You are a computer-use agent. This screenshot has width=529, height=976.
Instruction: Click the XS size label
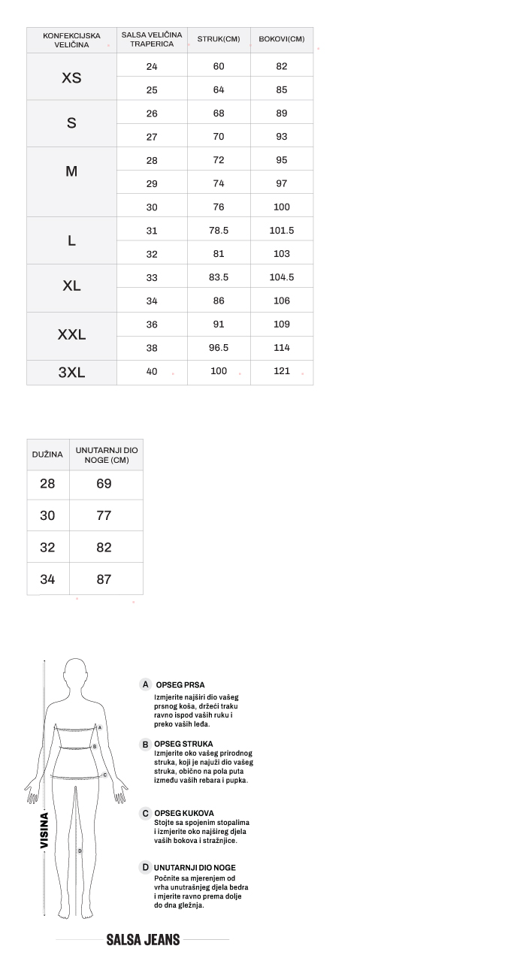click(x=71, y=78)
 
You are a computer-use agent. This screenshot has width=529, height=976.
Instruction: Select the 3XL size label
click(x=71, y=372)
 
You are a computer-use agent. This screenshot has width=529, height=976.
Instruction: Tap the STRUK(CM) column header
click(x=219, y=39)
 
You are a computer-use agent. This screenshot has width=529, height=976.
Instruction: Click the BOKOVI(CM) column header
click(x=282, y=39)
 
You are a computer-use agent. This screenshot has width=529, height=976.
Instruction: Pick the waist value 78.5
click(x=219, y=231)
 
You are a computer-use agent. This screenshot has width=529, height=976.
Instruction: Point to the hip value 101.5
click(x=282, y=231)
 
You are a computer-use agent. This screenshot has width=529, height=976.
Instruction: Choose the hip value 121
click(x=282, y=371)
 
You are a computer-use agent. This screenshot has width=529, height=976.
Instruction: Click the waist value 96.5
click(x=219, y=348)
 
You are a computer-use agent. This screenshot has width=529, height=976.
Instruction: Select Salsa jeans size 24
click(x=152, y=66)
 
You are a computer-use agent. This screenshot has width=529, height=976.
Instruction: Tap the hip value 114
click(x=282, y=348)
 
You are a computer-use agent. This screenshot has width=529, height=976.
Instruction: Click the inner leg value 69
click(x=104, y=484)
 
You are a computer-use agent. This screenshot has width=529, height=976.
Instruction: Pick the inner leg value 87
click(x=104, y=579)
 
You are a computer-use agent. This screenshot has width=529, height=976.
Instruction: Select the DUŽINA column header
click(x=47, y=455)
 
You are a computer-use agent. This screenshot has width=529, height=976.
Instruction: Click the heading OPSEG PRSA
click(x=180, y=685)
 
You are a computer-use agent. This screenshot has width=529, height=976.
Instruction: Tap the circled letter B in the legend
click(x=146, y=745)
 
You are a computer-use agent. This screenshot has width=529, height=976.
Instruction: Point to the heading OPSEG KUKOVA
click(x=184, y=813)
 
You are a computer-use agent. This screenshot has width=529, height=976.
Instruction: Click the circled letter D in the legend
click(x=146, y=868)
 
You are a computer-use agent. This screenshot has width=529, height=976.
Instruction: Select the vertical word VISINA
click(x=44, y=830)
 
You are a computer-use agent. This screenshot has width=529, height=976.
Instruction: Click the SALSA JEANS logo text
click(x=143, y=940)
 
